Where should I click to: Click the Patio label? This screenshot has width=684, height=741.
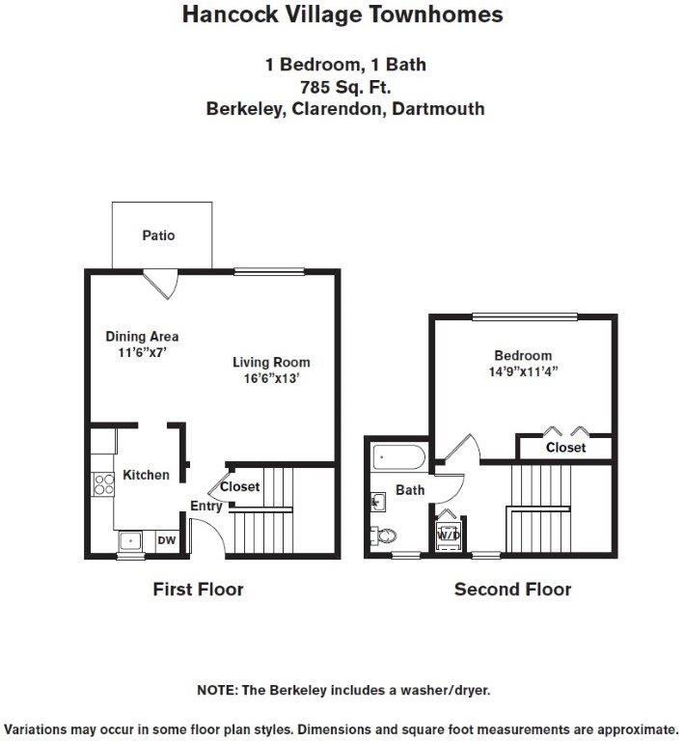[x=159, y=235]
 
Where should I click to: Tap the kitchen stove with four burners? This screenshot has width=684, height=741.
[x=103, y=484]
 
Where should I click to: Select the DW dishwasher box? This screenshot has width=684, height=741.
[x=166, y=540]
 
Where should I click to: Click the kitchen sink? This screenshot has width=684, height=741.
[x=130, y=540]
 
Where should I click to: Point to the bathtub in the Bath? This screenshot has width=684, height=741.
[x=399, y=457]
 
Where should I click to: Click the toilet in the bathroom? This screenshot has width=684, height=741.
[x=383, y=535]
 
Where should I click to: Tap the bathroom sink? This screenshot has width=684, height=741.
[x=377, y=502]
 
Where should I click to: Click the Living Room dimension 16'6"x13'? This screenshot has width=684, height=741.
[x=272, y=378]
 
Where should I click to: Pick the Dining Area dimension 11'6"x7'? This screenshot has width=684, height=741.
[x=142, y=352]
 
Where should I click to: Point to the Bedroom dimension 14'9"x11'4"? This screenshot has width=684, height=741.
[x=523, y=371]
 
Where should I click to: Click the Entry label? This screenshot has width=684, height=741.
[x=206, y=507]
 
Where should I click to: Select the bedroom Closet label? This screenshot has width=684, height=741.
[x=566, y=448]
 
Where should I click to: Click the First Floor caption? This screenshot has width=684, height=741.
[x=199, y=590]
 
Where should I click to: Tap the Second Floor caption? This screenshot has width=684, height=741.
[x=513, y=590]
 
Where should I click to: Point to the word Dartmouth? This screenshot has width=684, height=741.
[x=438, y=109]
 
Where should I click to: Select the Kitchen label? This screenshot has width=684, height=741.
[x=146, y=475]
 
